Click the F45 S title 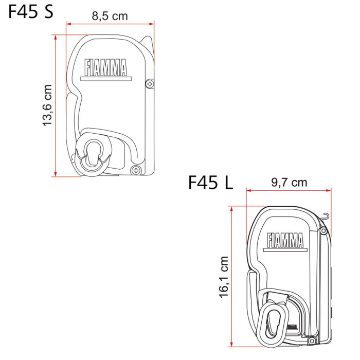[31, 11]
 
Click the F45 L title [210, 183]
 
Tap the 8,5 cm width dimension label [110, 16]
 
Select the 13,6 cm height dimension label [47, 105]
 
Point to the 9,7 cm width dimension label [289, 183]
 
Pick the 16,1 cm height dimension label [224, 277]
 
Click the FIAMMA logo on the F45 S [105, 67]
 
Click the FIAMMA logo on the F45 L [285, 240]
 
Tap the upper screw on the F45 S [150, 84]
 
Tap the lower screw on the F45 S [136, 170]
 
